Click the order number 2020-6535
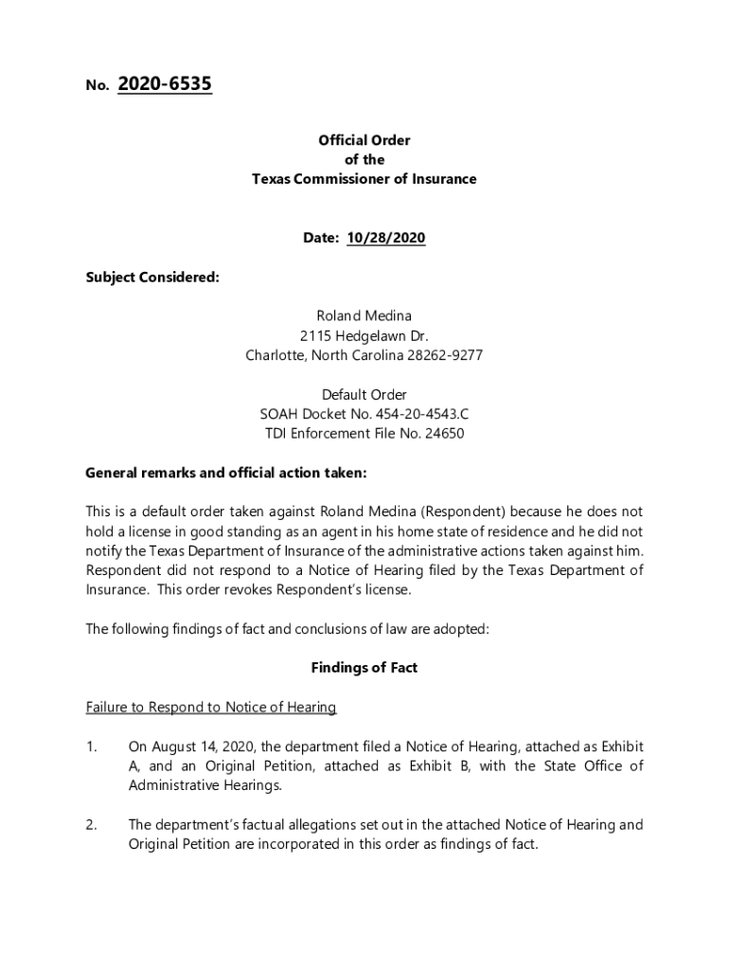click(164, 85)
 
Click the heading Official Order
click(364, 140)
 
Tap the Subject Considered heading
click(152, 277)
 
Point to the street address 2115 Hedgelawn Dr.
click(364, 335)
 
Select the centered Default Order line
click(364, 394)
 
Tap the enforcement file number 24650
click(445, 433)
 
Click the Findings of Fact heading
click(364, 668)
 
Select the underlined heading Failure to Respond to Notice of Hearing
click(211, 708)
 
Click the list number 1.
click(90, 746)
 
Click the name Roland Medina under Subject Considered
click(364, 315)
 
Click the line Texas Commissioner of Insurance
click(364, 179)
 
